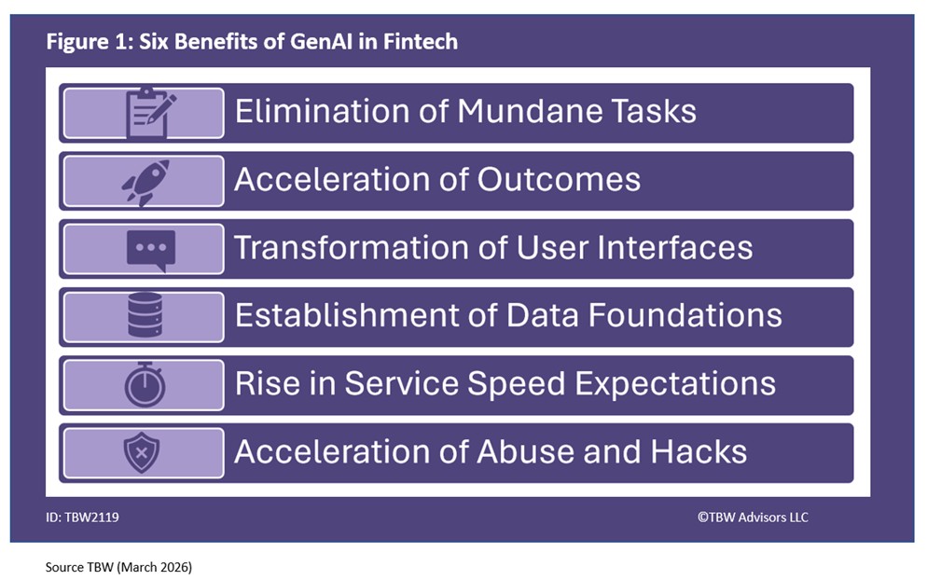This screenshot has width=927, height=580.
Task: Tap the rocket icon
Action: (145, 181)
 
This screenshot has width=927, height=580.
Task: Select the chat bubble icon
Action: (149, 250)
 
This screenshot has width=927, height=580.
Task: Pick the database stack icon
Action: (145, 316)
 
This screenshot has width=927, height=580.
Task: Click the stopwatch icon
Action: (145, 384)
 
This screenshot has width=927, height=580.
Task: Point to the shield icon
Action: (142, 453)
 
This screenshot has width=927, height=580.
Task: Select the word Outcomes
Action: (560, 180)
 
